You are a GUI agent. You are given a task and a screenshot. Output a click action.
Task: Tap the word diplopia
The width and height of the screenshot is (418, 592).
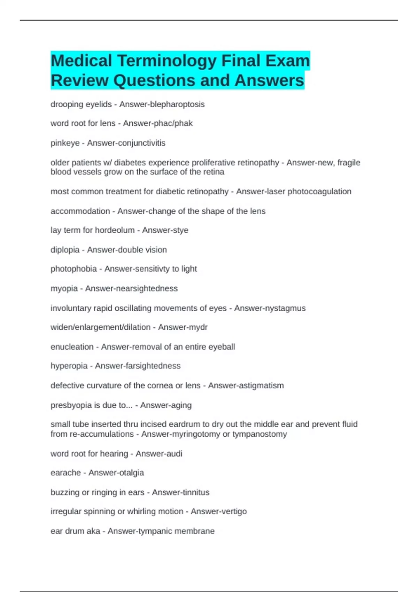(x=65, y=250)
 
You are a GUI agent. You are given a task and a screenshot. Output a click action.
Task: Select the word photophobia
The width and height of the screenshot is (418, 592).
(x=73, y=269)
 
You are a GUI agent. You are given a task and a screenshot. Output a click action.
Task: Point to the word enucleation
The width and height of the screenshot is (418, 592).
(x=72, y=347)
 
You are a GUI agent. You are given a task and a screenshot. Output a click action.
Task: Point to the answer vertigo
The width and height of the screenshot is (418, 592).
(x=233, y=512)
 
